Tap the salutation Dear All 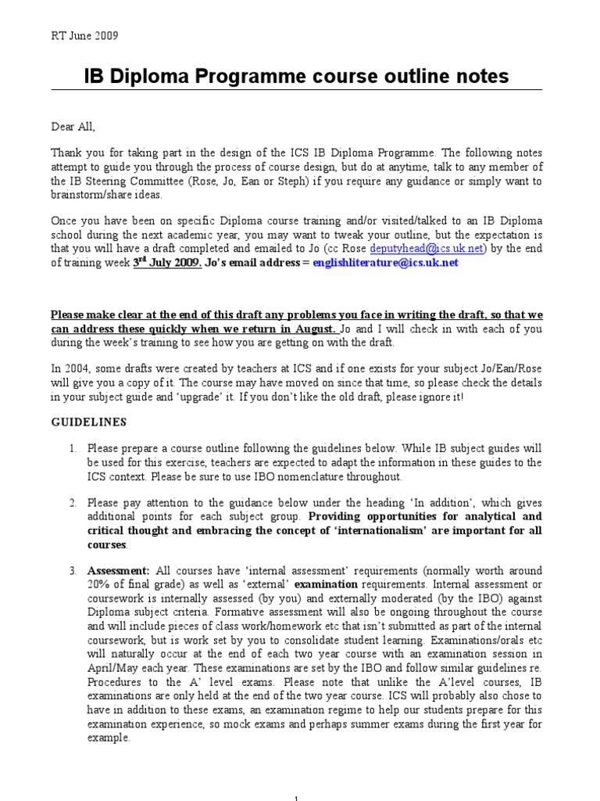pyautogui.click(x=73, y=126)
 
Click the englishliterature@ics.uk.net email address pyautogui.click(x=385, y=263)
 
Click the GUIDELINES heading pyautogui.click(x=88, y=422)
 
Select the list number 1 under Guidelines pyautogui.click(x=71, y=449)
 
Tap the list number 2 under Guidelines pyautogui.click(x=71, y=503)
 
